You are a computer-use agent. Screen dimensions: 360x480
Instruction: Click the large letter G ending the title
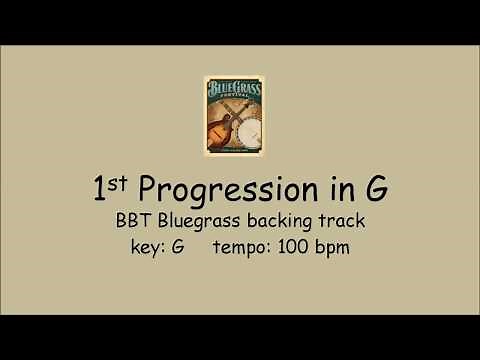(348, 187)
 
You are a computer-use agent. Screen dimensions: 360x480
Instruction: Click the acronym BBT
(138, 220)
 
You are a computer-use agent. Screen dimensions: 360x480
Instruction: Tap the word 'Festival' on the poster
(240, 104)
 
